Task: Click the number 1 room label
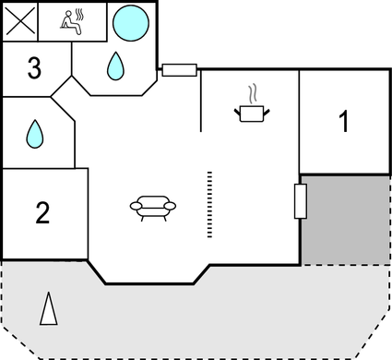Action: [343, 121]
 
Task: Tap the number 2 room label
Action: [42, 213]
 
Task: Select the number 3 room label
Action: [35, 68]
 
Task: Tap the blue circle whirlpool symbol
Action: [130, 19]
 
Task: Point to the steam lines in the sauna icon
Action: [80, 16]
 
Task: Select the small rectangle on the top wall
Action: [179, 69]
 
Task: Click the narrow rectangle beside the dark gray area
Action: [300, 200]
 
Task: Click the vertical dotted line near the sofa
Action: [209, 204]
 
